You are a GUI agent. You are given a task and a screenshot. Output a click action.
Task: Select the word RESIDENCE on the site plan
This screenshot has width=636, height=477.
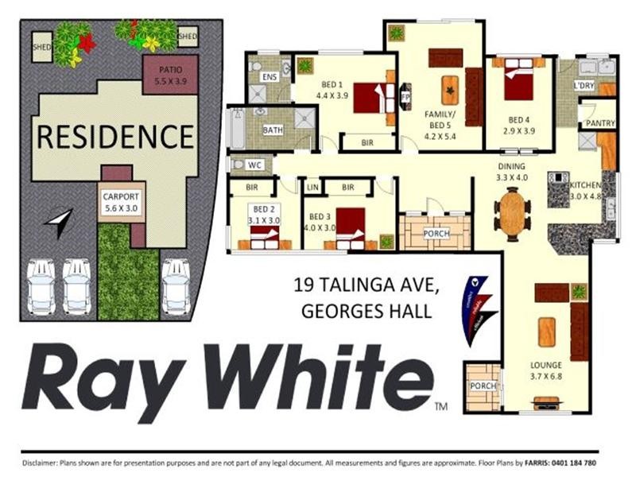point(115,137)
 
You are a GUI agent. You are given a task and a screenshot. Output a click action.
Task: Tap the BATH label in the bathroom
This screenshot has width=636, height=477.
point(273,130)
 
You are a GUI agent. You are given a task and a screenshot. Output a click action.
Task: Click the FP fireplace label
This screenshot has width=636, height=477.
point(405,96)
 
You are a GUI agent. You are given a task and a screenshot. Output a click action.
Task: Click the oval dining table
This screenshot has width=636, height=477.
point(512,213)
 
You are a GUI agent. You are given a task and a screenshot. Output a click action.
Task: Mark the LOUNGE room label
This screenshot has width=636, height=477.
point(545,366)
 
